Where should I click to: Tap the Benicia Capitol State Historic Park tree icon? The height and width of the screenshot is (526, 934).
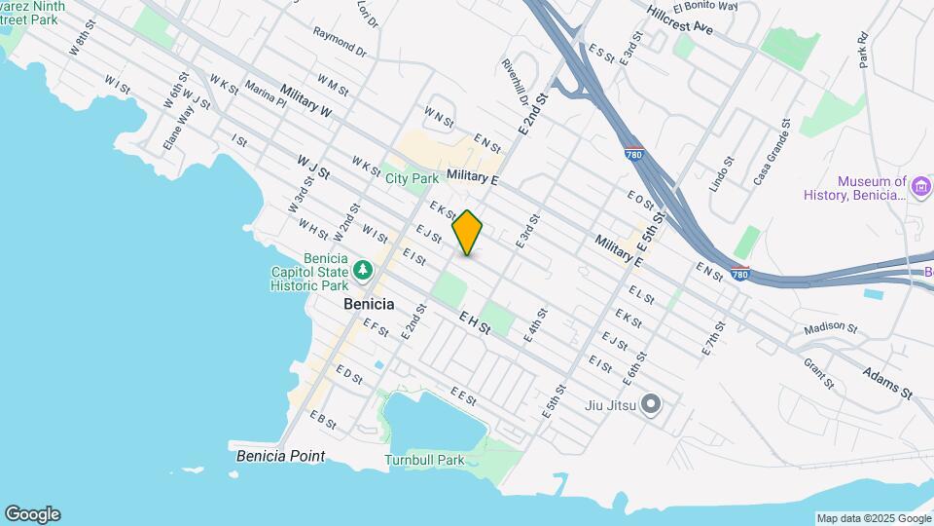click(363, 268)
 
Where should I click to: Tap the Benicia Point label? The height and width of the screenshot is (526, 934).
click(280, 456)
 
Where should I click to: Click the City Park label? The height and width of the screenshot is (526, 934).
click(412, 178)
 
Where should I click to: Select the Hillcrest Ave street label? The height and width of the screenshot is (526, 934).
click(684, 19)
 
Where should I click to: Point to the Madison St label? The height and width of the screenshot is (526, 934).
click(831, 328)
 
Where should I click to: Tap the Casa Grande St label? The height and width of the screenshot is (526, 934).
click(770, 155)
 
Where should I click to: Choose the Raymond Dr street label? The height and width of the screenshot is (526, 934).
click(340, 41)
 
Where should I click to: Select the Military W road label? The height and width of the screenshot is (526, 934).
click(305, 101)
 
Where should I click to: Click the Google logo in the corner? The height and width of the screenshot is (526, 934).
click(32, 514)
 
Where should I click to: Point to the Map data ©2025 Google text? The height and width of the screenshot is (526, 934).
click(873, 518)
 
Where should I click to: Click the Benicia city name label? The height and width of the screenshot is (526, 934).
click(370, 304)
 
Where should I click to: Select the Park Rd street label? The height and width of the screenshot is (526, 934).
click(862, 53)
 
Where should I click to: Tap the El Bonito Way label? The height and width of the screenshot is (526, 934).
click(710, 6)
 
